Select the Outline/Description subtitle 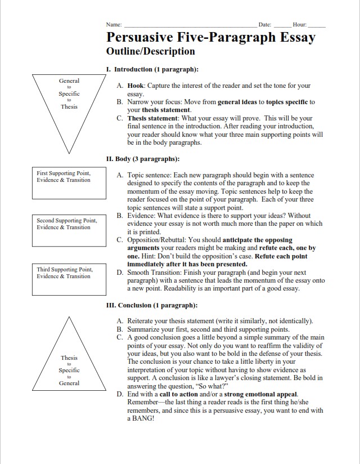[x=150, y=51]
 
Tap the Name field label [x=114, y=25]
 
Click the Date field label [x=264, y=25]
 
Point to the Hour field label [x=299, y=25]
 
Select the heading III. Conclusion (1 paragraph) [x=151, y=305]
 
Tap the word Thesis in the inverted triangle [x=69, y=106]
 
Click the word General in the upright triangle [x=69, y=383]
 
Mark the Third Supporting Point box [x=68, y=279]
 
